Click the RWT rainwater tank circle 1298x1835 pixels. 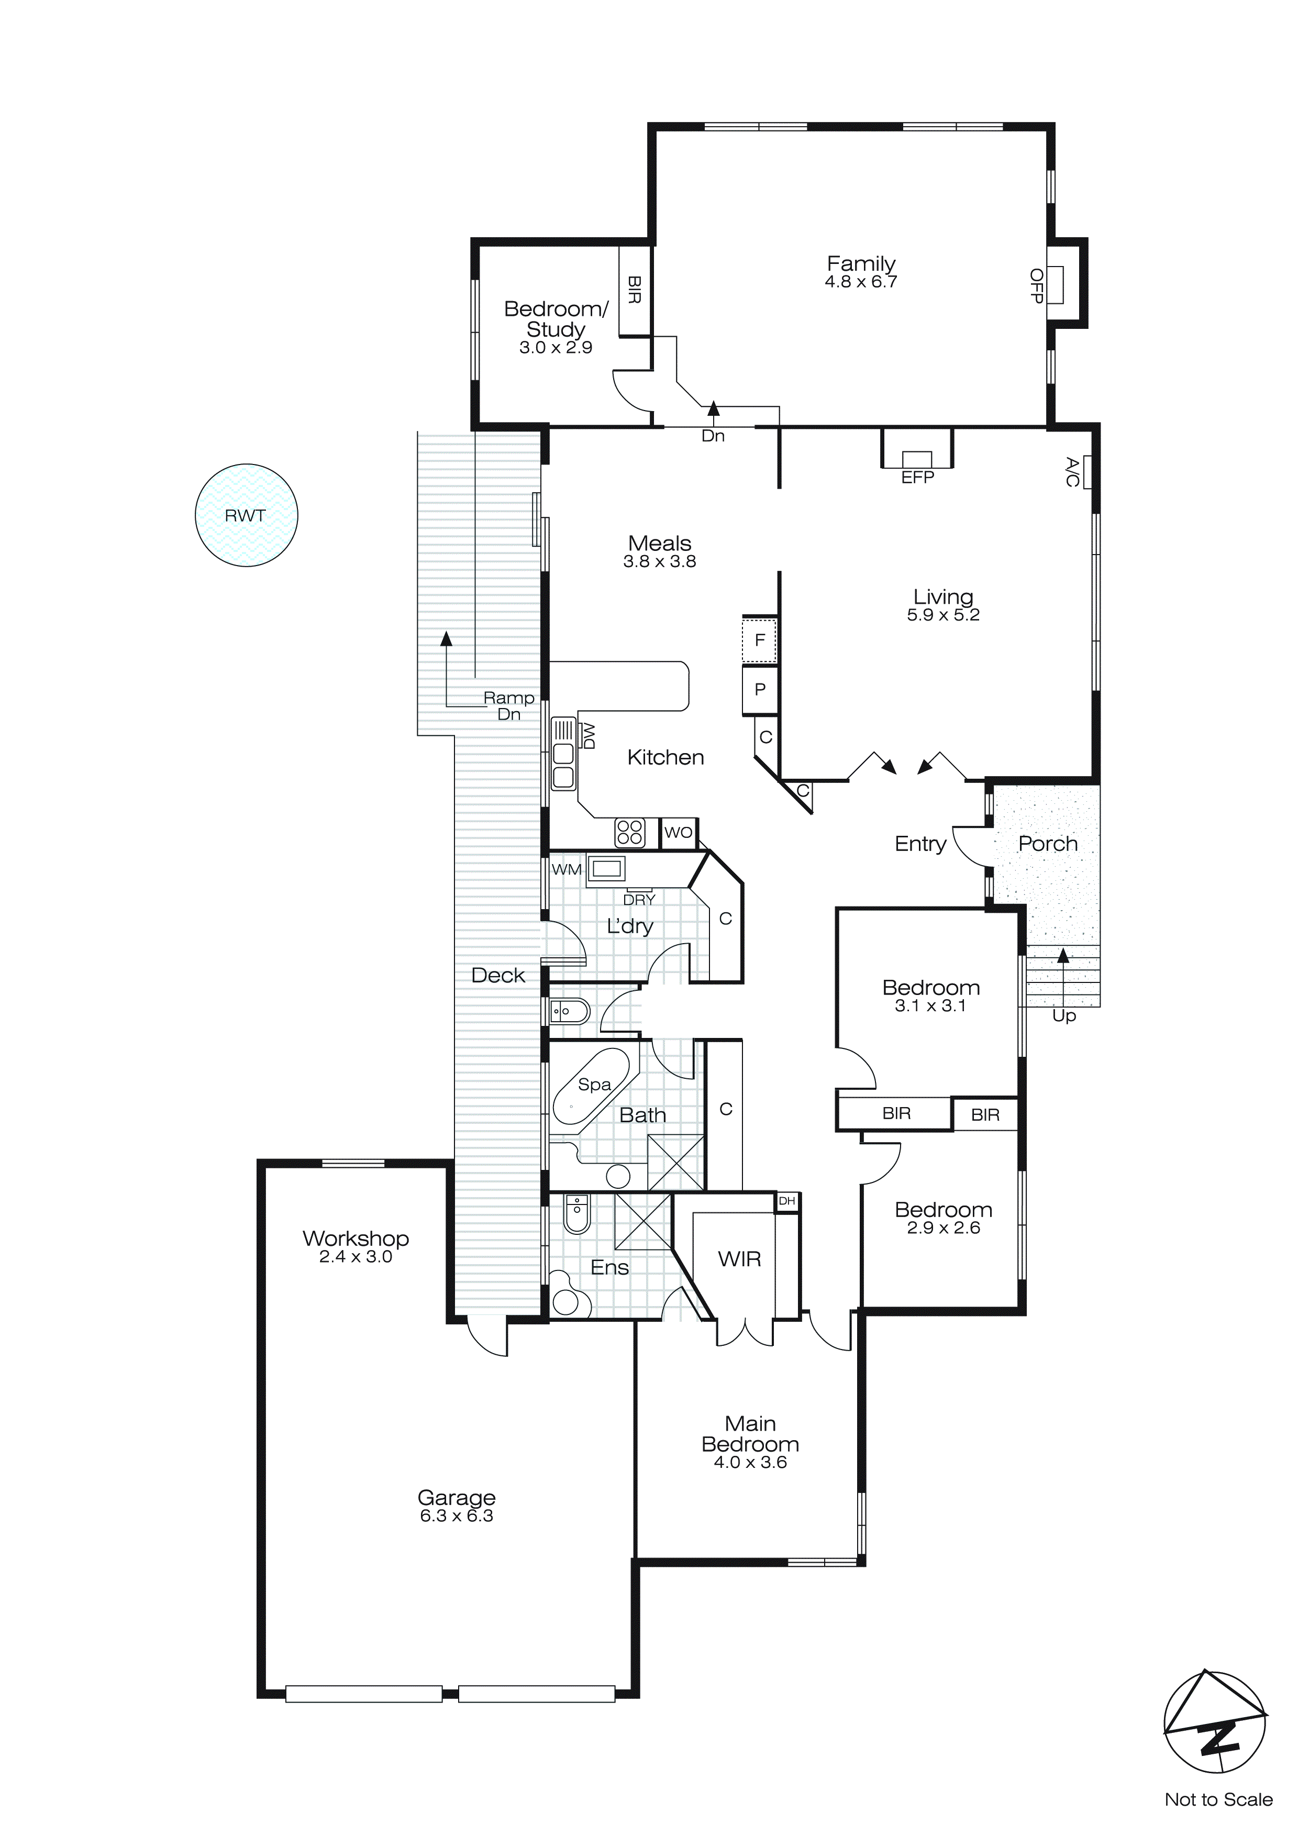tap(246, 515)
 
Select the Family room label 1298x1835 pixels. tap(861, 264)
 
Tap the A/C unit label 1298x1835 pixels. tap(1073, 471)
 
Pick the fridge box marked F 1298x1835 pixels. tap(759, 639)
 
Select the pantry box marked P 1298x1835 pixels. tap(759, 689)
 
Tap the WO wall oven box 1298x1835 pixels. tap(678, 832)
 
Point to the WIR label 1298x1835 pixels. tap(739, 1259)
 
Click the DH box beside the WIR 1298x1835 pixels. tap(786, 1200)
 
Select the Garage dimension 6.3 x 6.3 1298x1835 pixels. tap(457, 1516)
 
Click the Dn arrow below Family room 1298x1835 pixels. tap(713, 409)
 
